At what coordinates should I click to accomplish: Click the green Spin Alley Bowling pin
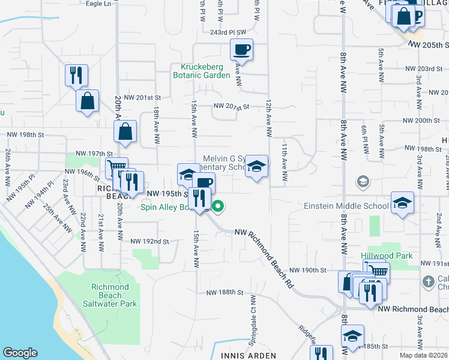[x=218, y=208]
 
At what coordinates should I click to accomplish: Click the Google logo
[x=20, y=353]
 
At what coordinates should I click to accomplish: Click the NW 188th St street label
[x=224, y=293]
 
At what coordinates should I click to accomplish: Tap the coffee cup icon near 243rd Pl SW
[x=241, y=49]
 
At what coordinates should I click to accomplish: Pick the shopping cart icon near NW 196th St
[x=116, y=167]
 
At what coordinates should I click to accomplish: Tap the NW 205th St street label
[x=430, y=46]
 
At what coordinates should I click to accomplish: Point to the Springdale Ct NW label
[x=248, y=327]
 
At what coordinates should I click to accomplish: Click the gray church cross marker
[x=428, y=281]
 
